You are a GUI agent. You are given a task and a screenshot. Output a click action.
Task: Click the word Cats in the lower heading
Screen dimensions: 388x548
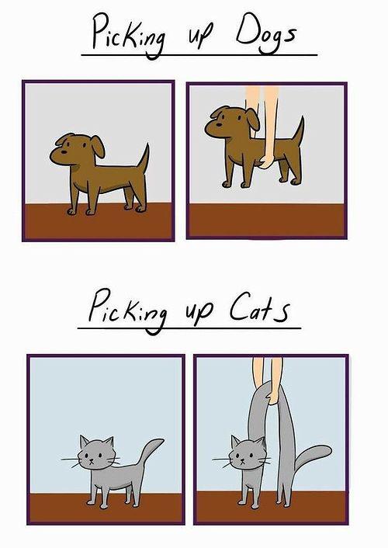point(259,310)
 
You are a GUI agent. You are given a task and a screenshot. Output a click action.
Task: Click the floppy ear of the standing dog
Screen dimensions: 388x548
point(98,145)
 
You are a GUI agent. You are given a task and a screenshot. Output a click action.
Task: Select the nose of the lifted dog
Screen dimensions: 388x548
point(219,125)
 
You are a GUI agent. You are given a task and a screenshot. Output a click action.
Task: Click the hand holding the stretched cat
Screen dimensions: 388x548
point(273,397)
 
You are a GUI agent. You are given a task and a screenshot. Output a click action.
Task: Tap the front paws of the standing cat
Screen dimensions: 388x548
point(97,505)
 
